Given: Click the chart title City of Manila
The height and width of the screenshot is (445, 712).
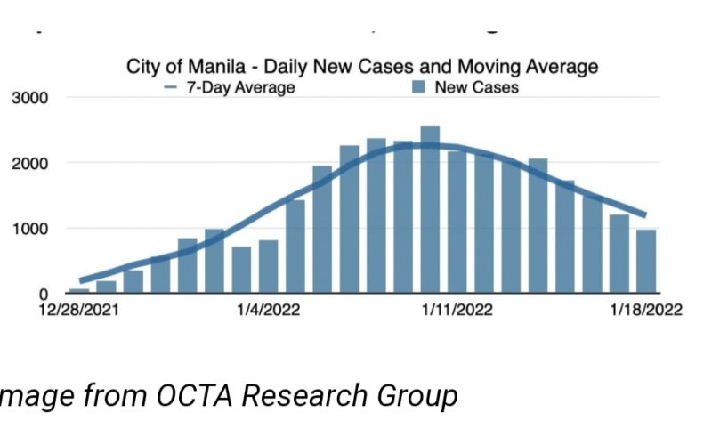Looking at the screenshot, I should [x=362, y=67].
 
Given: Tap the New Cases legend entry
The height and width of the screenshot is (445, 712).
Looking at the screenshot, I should [x=476, y=87].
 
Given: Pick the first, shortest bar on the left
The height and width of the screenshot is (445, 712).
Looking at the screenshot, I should [x=79, y=290].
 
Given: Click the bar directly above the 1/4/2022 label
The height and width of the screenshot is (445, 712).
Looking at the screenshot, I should [x=269, y=266].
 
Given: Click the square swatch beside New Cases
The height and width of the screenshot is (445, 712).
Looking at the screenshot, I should [x=418, y=87].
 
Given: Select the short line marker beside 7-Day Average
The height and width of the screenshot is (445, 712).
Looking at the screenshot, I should [x=172, y=87].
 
